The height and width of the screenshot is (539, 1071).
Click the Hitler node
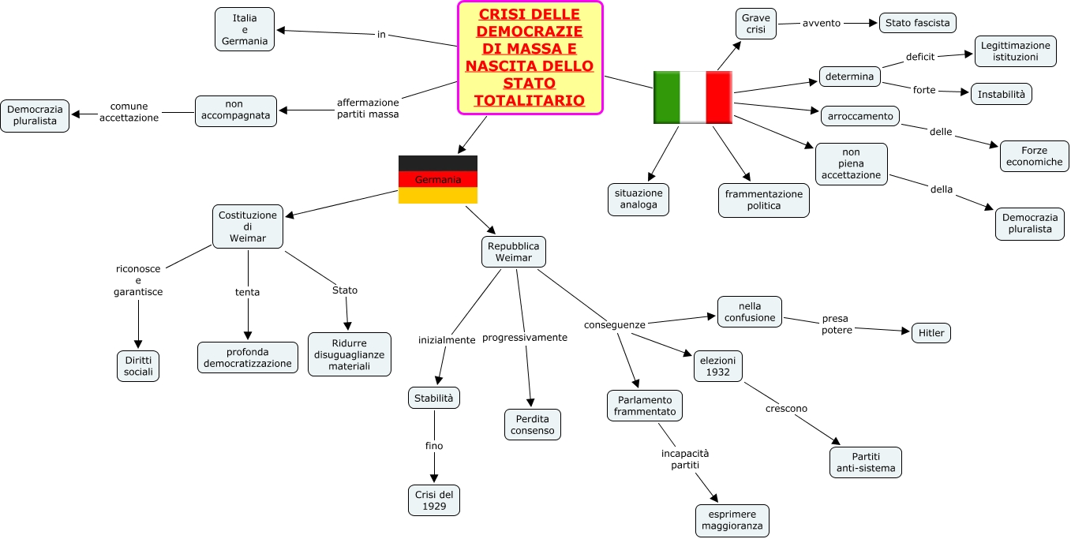(x=931, y=333)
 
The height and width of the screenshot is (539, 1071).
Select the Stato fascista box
(x=917, y=23)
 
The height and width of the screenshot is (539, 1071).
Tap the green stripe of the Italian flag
(x=667, y=97)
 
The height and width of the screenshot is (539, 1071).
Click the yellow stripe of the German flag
(x=438, y=195)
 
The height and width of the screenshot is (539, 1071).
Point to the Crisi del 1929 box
(x=434, y=500)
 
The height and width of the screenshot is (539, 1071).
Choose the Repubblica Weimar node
(x=514, y=252)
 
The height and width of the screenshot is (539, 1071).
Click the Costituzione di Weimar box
(x=248, y=226)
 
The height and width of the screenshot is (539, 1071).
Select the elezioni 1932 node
(x=718, y=366)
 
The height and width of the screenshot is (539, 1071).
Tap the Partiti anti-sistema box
(x=866, y=462)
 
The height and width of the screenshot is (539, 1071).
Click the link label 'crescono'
(x=786, y=408)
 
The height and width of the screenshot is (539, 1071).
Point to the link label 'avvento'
(x=822, y=23)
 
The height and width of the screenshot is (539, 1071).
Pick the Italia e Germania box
(x=245, y=29)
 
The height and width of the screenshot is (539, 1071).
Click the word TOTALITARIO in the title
(x=530, y=100)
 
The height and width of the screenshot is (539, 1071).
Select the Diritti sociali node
(x=138, y=365)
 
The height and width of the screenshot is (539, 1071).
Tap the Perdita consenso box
(x=533, y=425)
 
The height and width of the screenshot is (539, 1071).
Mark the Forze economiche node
(x=1034, y=155)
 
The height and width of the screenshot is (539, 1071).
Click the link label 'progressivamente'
(x=525, y=337)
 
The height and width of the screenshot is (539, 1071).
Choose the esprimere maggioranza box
(x=732, y=521)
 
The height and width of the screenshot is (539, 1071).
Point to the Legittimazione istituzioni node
(x=1015, y=51)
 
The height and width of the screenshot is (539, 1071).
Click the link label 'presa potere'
(x=837, y=324)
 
